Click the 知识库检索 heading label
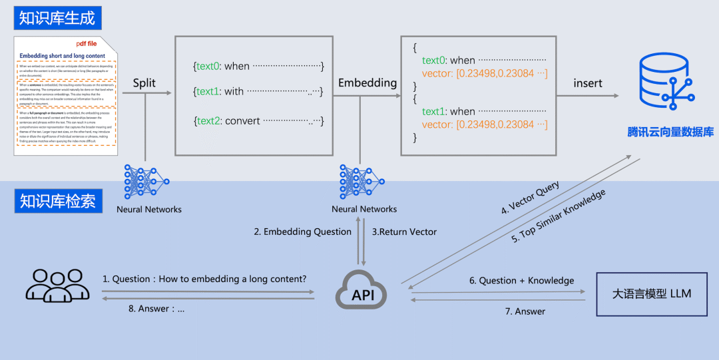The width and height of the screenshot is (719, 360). [57, 200]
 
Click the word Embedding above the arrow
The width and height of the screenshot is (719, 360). [367, 83]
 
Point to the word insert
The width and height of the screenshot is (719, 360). [588, 83]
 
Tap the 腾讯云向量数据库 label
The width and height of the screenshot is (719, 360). [670, 132]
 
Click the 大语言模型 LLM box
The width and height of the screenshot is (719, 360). [651, 293]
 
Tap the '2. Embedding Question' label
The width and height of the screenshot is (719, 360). [302, 232]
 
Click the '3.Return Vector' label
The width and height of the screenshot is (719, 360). [404, 232]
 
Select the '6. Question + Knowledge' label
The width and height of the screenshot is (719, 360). [521, 281]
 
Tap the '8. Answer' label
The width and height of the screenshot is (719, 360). [156, 308]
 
